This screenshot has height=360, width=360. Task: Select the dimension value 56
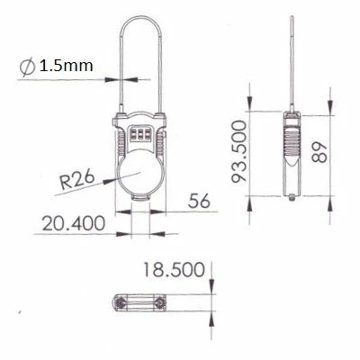(x=200, y=202)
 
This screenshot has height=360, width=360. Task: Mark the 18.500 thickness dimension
(x=172, y=268)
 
